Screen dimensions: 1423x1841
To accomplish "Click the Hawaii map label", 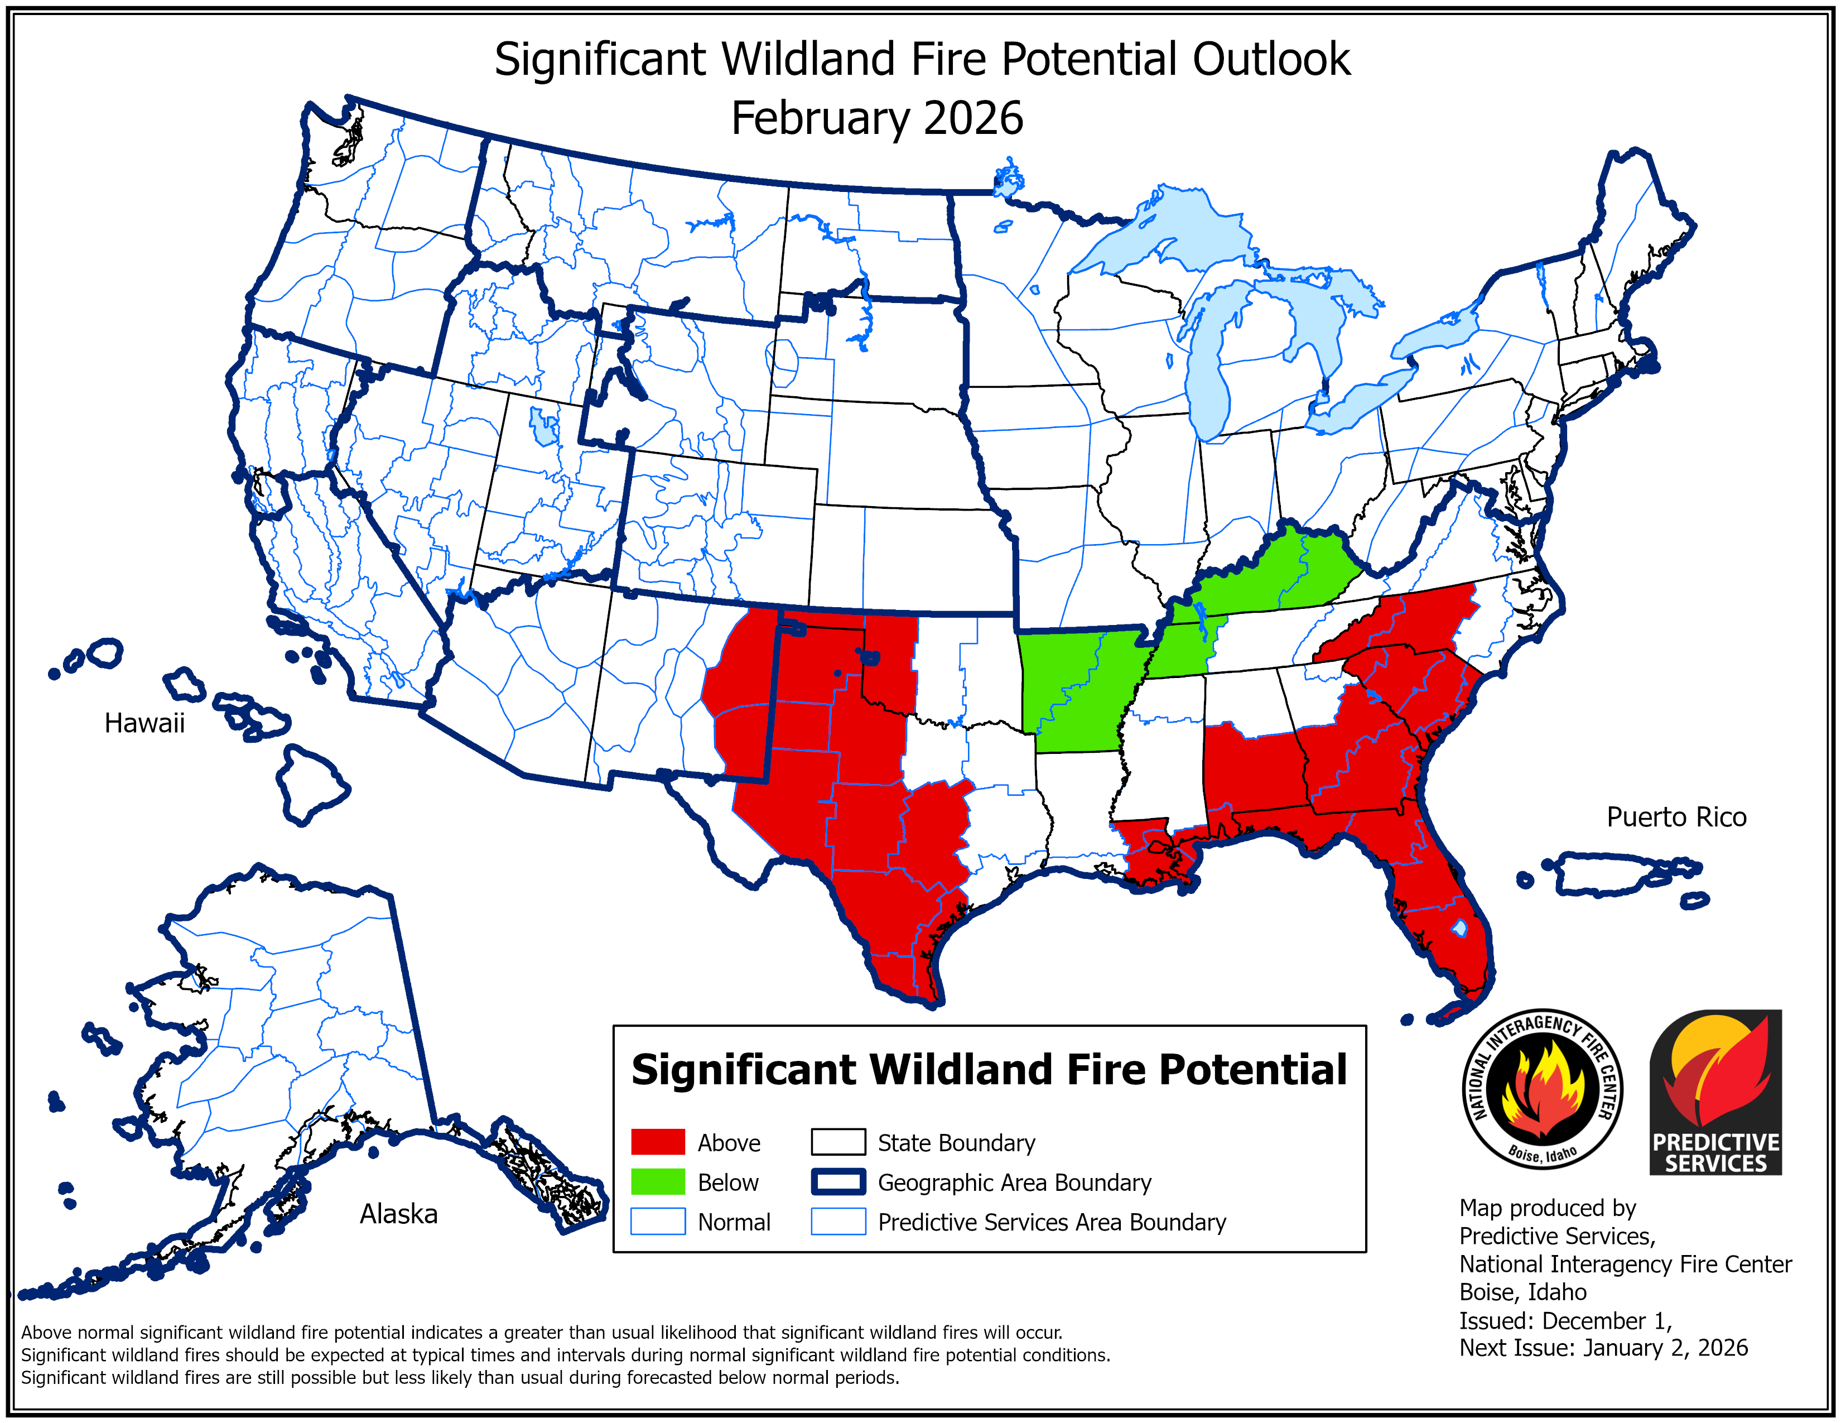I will pyautogui.click(x=144, y=723).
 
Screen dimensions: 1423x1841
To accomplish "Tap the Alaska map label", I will pyautogui.click(x=399, y=1214).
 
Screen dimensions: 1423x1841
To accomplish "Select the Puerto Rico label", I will pyautogui.click(x=1676, y=817).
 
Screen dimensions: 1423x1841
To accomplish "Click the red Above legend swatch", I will pyautogui.click(x=658, y=1142).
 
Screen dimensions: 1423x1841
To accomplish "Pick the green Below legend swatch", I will pyautogui.click(x=658, y=1182).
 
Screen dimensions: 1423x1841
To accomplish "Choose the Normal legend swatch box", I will pyautogui.click(x=658, y=1222).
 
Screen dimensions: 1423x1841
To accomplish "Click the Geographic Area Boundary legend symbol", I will pyautogui.click(x=838, y=1182).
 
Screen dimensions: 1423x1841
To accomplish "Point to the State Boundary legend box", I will pyautogui.click(x=838, y=1142).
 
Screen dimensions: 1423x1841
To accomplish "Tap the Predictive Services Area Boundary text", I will pyautogui.click(x=1051, y=1222).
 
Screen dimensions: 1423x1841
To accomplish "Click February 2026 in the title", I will pyautogui.click(x=876, y=118).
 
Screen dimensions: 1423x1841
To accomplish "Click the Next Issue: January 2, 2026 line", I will pyautogui.click(x=1603, y=1348).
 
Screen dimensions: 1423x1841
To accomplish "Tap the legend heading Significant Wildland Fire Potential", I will pyautogui.click(x=989, y=1070).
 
